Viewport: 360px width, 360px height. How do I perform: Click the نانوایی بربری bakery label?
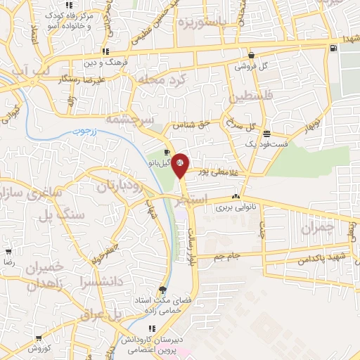(234, 207)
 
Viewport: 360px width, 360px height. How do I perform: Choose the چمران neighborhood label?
(312, 229)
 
